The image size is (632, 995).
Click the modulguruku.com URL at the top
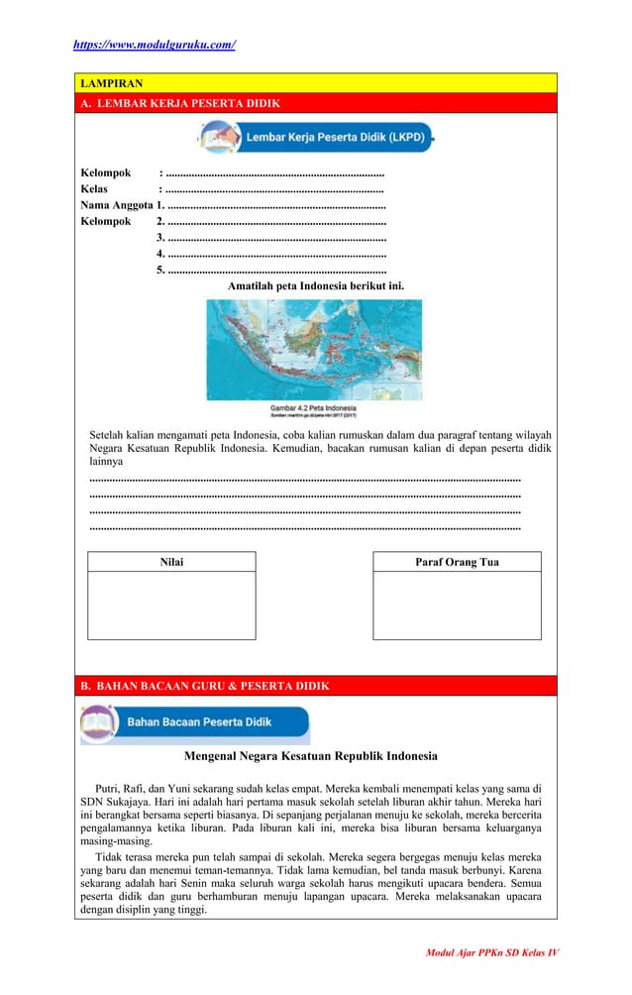tap(155, 45)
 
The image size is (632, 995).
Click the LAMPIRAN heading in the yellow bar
tap(112, 83)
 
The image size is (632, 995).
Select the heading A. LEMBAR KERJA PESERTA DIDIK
tap(180, 103)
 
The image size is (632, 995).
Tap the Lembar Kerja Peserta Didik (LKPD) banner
tap(315, 137)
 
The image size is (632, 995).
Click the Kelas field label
tap(95, 188)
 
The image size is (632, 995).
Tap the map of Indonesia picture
tap(314, 349)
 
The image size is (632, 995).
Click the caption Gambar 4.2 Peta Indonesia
tap(314, 408)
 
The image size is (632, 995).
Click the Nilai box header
tap(171, 562)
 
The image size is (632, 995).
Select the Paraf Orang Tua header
tap(457, 562)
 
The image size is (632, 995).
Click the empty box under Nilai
tap(171, 606)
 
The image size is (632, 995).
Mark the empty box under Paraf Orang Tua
tap(457, 606)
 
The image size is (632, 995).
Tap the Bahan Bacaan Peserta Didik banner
tap(195, 722)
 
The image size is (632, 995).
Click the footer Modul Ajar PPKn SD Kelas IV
tap(492, 952)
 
